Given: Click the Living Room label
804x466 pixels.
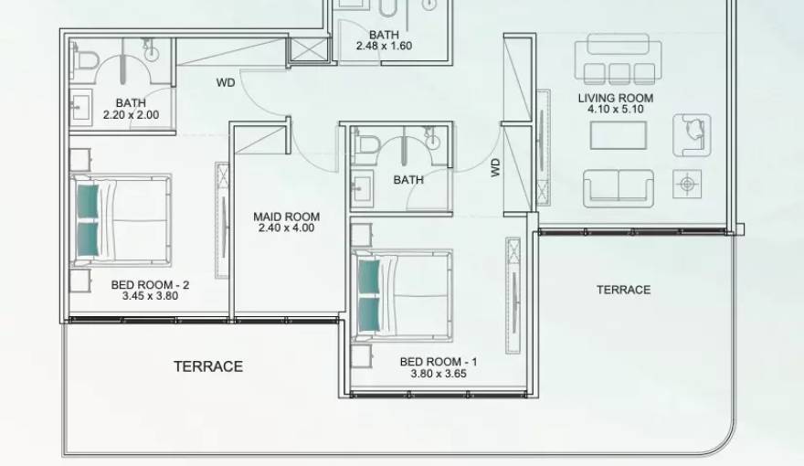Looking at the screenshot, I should point(615,98).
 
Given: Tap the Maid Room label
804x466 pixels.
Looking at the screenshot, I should point(286,217).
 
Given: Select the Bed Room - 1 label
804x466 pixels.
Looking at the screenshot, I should point(439,362).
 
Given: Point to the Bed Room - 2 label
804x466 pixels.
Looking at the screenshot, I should point(150,284).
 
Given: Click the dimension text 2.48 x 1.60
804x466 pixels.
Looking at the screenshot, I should point(385,45).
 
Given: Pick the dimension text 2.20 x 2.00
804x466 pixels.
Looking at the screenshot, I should point(131,115).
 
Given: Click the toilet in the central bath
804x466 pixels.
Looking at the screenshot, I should point(367,143).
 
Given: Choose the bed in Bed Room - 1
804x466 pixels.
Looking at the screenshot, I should point(402,295).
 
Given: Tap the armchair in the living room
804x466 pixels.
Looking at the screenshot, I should point(692,133).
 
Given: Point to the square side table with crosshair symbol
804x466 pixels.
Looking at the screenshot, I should point(686,184).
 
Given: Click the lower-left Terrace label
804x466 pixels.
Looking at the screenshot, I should point(208,366).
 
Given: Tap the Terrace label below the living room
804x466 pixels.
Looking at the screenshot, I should point(623,290).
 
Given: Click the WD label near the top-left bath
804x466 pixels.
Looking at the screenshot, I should point(225,82).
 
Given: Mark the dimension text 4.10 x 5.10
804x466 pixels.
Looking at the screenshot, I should point(615,110).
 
